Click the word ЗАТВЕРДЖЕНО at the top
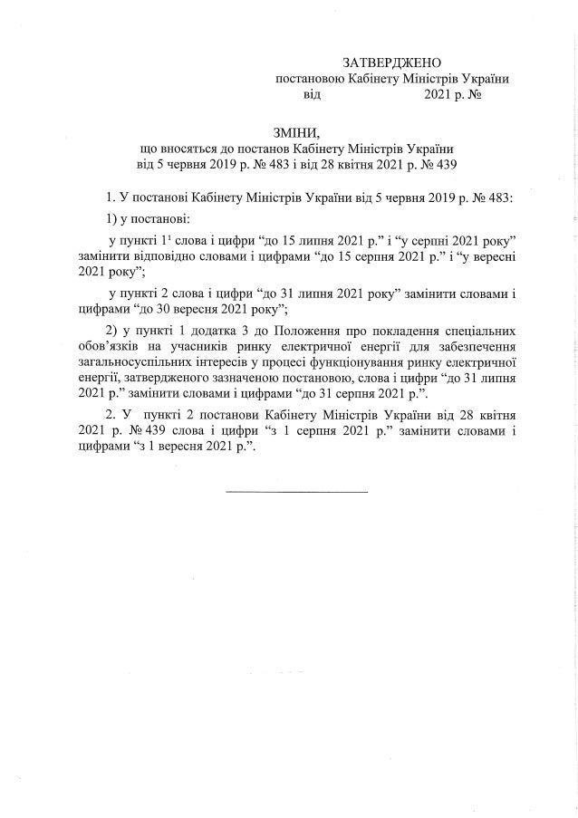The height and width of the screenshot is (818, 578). click(x=390, y=63)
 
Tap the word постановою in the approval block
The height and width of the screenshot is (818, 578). click(x=310, y=79)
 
